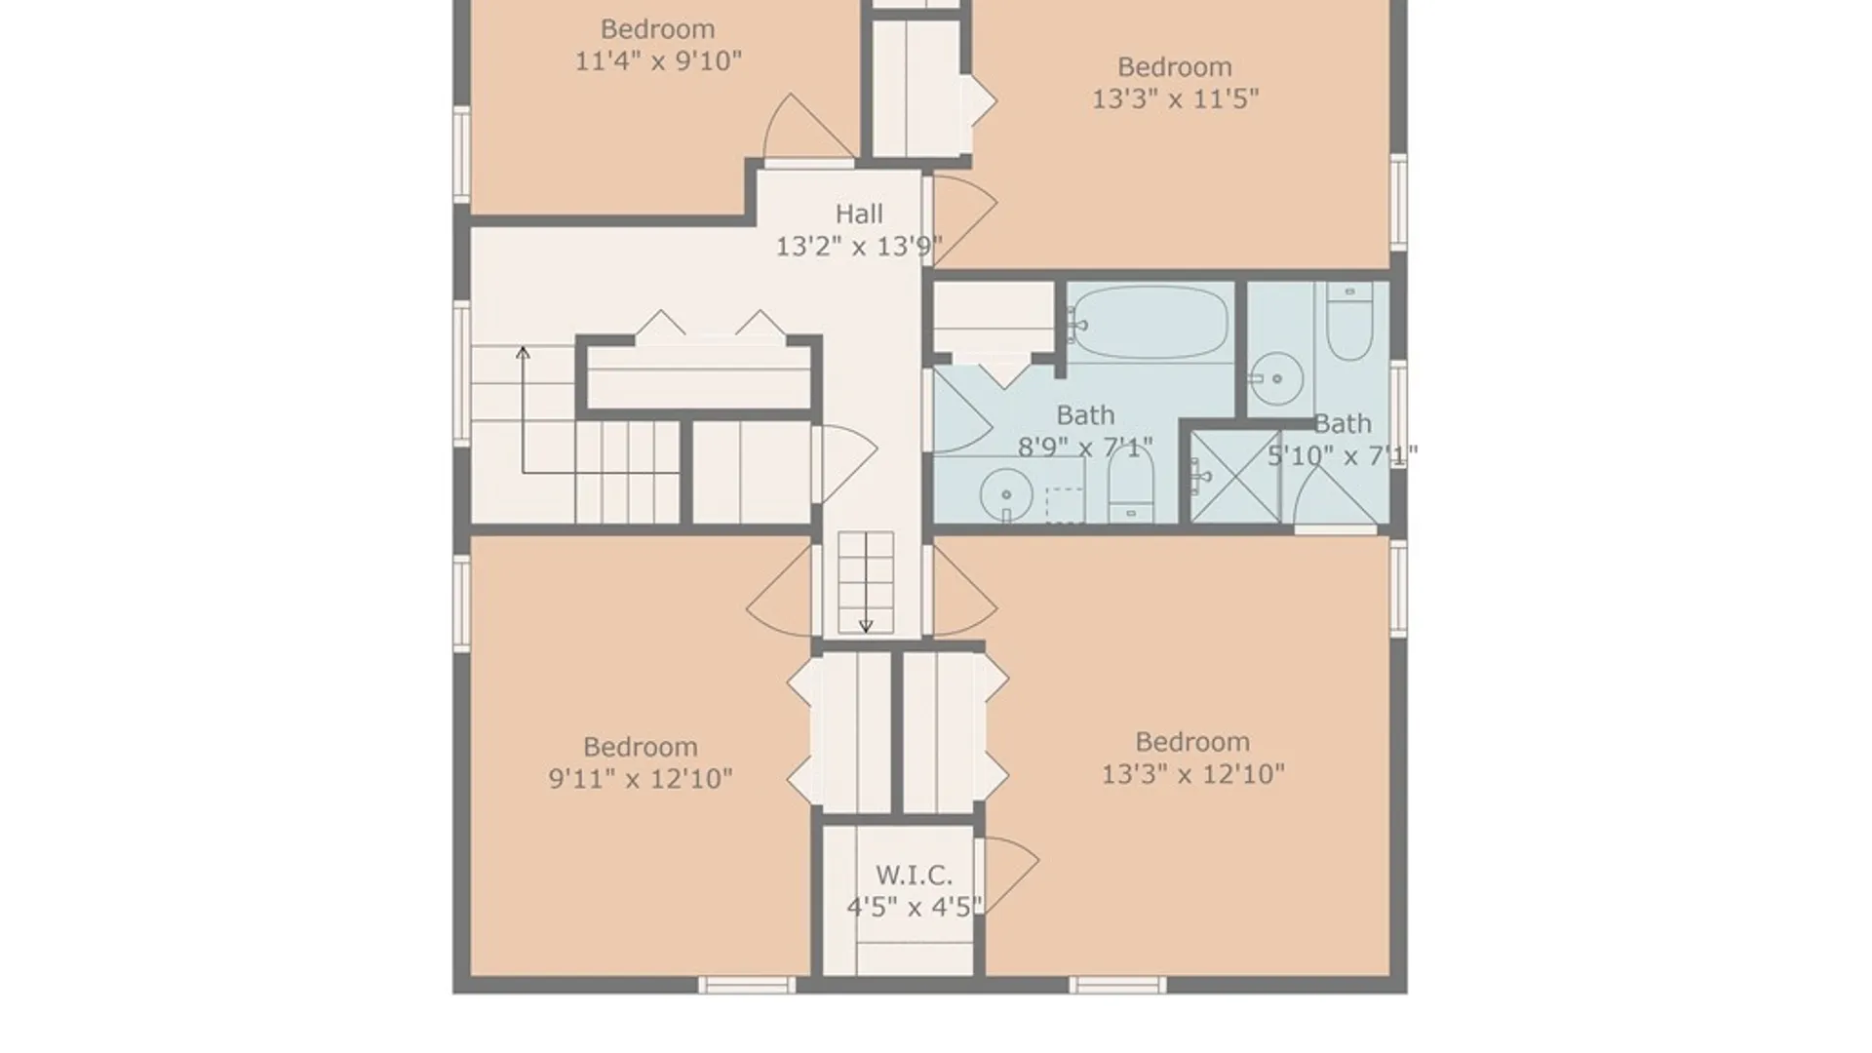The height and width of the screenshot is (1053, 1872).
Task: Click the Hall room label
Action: coord(859,214)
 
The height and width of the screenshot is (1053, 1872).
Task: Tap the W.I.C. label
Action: coord(914,875)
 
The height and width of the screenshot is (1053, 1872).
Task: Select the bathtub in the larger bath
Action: coord(1150,321)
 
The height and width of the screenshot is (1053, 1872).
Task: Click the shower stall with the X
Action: coord(1235,477)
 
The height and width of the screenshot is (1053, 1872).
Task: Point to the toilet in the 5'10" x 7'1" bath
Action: coord(1349,321)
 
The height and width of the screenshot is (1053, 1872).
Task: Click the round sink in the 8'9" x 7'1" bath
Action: coord(1006,494)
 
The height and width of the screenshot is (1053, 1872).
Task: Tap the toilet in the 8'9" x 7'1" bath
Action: coord(1131,487)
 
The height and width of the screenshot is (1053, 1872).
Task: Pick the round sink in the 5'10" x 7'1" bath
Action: coord(1277,378)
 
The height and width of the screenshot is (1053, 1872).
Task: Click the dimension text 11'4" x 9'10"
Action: coord(658,61)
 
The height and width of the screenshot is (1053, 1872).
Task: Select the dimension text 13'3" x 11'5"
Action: coord(1175,99)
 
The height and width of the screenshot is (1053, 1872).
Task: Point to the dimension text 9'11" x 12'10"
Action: coord(641,779)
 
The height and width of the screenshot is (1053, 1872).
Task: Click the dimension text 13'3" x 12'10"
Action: coord(1192,774)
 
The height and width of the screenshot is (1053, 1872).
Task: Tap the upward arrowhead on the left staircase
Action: coord(523,352)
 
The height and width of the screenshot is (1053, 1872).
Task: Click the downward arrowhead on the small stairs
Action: coord(866,626)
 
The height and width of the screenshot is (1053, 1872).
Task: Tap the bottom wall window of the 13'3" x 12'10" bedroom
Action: coord(1117,985)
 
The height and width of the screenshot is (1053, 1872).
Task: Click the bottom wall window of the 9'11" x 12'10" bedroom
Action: coord(747,985)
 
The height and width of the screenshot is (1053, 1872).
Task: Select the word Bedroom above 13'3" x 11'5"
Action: coord(1175,67)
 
